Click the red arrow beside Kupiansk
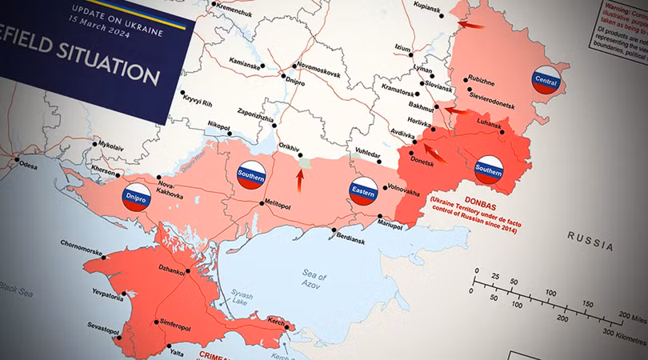pyautogui.click(x=472, y=26)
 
